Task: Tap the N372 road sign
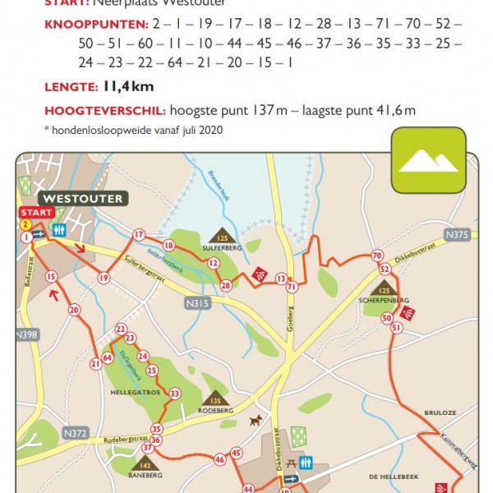[x=74, y=432]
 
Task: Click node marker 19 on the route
[x=104, y=278]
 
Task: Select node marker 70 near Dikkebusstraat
[x=377, y=256]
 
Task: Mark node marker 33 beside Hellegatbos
[x=174, y=394]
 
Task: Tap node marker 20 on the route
[x=74, y=310]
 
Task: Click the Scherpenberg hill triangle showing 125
[x=384, y=288]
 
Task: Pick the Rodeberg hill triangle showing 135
[x=215, y=399]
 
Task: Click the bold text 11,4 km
[x=128, y=86]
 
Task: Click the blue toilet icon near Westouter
[x=58, y=230]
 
